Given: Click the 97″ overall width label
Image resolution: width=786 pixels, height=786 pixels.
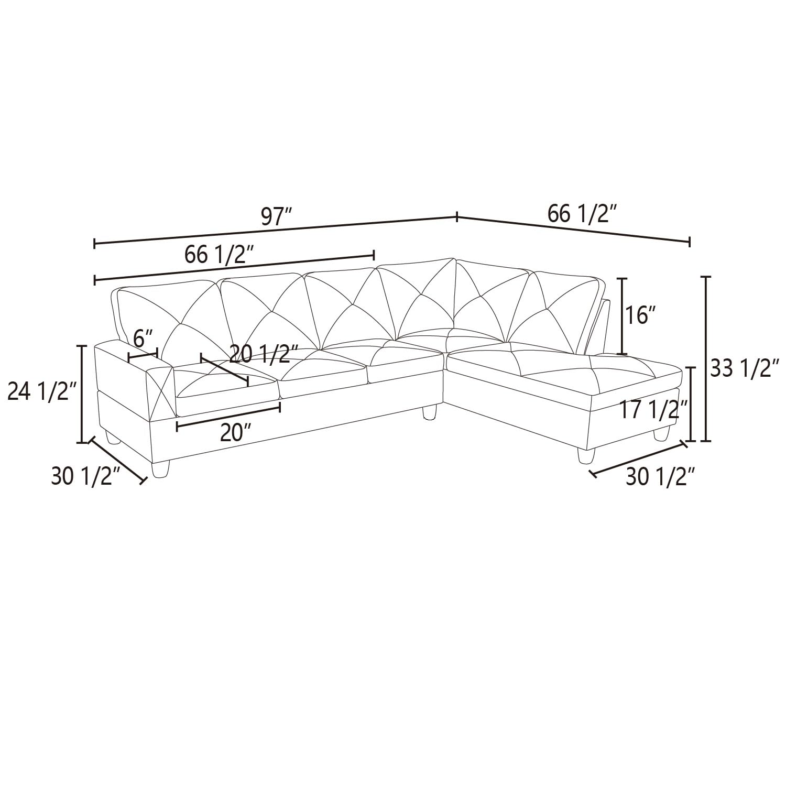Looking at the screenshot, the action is click(276, 216).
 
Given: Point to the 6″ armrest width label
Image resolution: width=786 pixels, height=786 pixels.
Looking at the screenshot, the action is click(143, 339).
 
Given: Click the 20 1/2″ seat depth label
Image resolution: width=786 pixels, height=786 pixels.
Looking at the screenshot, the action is click(264, 354).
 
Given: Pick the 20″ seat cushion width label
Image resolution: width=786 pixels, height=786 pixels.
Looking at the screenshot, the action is click(234, 433).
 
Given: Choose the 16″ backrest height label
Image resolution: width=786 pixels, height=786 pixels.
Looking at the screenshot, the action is click(640, 315).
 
